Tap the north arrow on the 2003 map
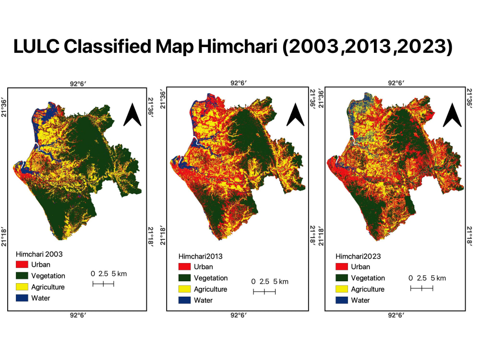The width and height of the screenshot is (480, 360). [x=132, y=116]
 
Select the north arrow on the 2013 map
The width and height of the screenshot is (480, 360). [x=295, y=116]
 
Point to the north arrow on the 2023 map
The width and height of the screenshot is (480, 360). [x=452, y=116]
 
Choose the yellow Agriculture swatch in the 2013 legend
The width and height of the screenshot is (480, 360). [x=185, y=289]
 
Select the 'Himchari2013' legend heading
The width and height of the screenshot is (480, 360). [x=200, y=256]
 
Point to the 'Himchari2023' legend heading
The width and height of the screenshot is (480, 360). [x=358, y=256]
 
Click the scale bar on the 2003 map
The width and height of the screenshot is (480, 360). [x=103, y=284]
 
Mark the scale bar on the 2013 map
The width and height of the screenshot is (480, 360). [x=264, y=292]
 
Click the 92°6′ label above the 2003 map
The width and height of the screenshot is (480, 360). [x=77, y=83]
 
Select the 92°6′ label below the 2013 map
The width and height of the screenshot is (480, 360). [x=239, y=315]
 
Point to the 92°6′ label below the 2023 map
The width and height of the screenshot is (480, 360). [x=396, y=315]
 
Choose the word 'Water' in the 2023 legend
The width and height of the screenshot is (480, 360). [x=360, y=300]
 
